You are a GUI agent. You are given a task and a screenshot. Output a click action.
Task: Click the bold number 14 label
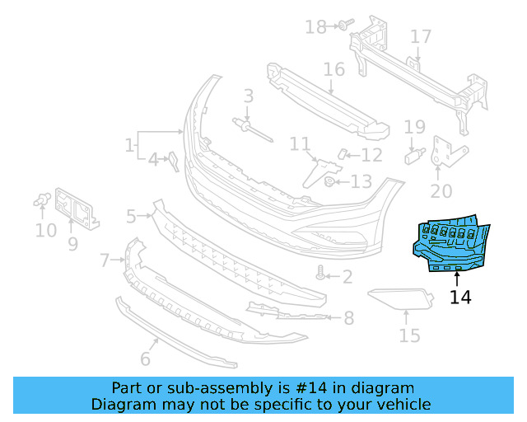click(x=461, y=297)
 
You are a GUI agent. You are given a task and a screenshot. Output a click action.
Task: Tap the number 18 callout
click(x=315, y=27)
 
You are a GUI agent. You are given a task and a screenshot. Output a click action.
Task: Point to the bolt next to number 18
click(x=342, y=26)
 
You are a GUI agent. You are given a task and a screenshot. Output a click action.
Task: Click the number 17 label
click(x=421, y=37)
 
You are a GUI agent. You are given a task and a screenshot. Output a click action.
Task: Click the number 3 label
click(x=248, y=97)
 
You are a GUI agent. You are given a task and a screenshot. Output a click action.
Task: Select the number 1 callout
click(x=129, y=146)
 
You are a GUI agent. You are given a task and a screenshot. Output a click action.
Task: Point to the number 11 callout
click(x=300, y=145)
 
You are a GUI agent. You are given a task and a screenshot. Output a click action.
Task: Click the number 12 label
click(x=371, y=154)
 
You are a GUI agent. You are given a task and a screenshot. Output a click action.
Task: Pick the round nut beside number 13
click(x=329, y=181)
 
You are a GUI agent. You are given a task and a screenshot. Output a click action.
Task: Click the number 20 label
click(x=441, y=191)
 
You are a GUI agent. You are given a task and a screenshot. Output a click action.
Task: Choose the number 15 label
click(x=409, y=335)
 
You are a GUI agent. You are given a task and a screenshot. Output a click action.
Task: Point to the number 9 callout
click(x=72, y=243)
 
